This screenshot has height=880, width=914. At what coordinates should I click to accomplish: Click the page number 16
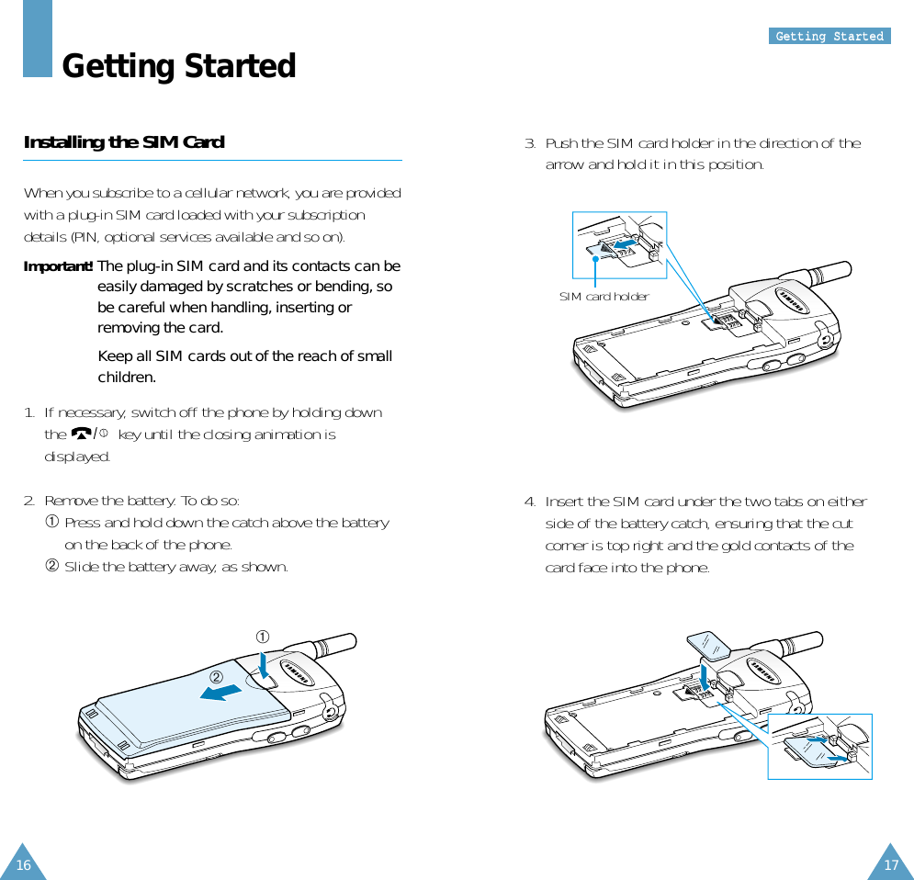point(23,864)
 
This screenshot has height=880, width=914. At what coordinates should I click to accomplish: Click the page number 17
point(890,864)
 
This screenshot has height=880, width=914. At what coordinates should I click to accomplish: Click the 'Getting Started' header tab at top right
point(829,36)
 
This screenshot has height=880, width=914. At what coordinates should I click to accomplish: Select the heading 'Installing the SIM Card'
point(124,142)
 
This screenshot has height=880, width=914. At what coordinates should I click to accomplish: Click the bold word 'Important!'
point(58,266)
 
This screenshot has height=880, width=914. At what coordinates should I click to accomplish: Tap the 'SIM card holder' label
point(604,296)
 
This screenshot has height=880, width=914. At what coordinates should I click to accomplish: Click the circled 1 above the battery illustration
point(262,637)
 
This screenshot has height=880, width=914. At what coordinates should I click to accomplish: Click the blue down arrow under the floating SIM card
point(705,676)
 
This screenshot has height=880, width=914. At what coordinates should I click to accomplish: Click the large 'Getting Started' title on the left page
point(178,66)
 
